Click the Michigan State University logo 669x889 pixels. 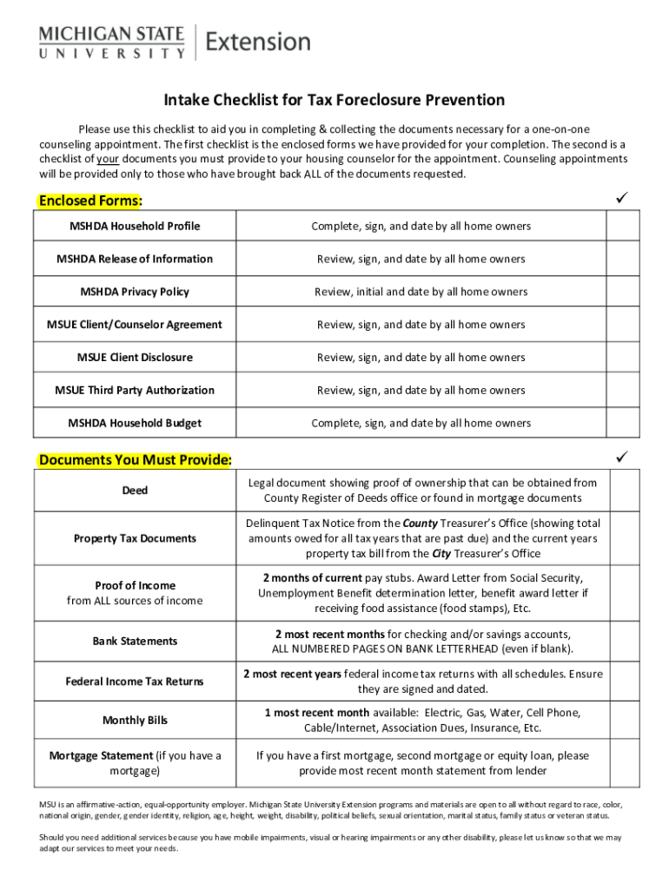click(111, 42)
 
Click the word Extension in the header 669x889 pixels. click(258, 42)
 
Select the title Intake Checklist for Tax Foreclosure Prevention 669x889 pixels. click(334, 101)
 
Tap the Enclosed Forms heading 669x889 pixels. click(90, 201)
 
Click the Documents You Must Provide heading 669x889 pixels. click(135, 458)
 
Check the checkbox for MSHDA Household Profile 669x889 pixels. click(622, 226)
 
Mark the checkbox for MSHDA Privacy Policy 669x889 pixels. click(622, 292)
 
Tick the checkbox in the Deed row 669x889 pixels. click(622, 491)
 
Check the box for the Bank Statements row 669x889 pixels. click(622, 641)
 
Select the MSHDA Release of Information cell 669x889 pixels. click(135, 259)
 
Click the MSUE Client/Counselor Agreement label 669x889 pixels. click(135, 325)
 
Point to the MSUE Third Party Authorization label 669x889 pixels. click(135, 390)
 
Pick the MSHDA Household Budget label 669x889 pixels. click(135, 423)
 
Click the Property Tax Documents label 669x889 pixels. click(135, 538)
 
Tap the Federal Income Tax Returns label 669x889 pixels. click(135, 682)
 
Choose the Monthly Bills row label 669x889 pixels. click(135, 720)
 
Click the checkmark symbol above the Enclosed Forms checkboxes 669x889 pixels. click(621, 199)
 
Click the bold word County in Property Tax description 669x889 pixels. click(420, 524)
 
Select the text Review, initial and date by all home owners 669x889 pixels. click(421, 292)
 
